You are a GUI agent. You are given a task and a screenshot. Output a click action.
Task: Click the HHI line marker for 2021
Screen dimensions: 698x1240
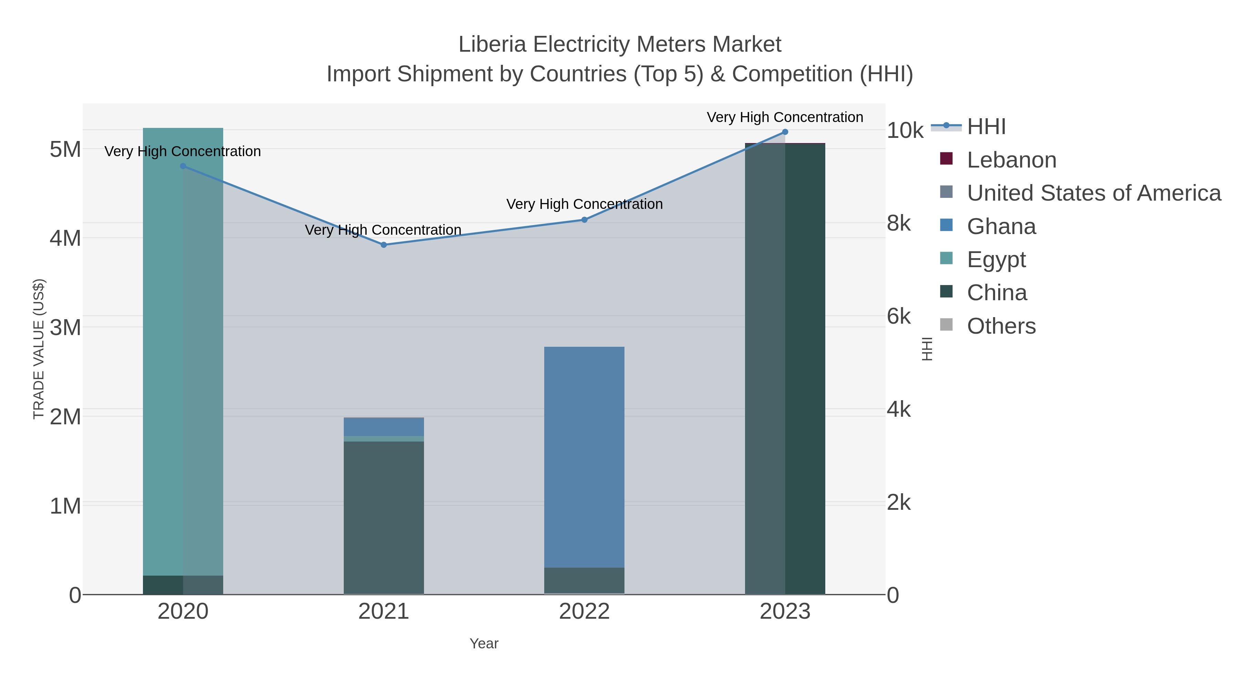[x=384, y=245]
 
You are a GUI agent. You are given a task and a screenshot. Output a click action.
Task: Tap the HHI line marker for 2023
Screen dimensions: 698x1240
[x=785, y=132]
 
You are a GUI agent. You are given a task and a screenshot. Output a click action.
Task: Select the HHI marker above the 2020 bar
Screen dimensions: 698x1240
[x=183, y=166]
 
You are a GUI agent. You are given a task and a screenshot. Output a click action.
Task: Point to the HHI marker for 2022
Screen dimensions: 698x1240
[x=585, y=220]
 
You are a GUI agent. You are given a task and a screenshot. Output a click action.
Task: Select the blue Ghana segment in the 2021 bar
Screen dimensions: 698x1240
[x=384, y=426]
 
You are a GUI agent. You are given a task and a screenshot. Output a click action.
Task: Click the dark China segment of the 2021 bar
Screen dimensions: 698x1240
[x=384, y=517]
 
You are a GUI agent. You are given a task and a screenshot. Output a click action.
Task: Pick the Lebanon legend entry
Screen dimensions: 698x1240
[x=1011, y=160]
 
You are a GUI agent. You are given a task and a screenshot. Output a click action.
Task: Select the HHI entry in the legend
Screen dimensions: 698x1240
[x=986, y=127]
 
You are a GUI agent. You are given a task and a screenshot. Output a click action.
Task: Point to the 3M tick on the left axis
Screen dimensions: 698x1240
[x=65, y=327]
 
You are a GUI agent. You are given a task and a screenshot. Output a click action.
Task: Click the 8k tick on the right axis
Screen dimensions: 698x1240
[x=899, y=223]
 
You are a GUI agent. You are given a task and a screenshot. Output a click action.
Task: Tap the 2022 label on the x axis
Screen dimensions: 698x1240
[x=585, y=611]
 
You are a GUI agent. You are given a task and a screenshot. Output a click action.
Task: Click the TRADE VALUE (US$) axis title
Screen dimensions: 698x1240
[x=39, y=349]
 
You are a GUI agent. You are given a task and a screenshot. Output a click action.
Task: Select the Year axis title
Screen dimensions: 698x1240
[x=484, y=644]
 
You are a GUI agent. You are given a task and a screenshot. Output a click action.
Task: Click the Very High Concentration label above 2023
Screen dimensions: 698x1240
[x=785, y=117]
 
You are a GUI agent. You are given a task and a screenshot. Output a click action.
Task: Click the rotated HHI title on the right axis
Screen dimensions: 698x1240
[x=927, y=349]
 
